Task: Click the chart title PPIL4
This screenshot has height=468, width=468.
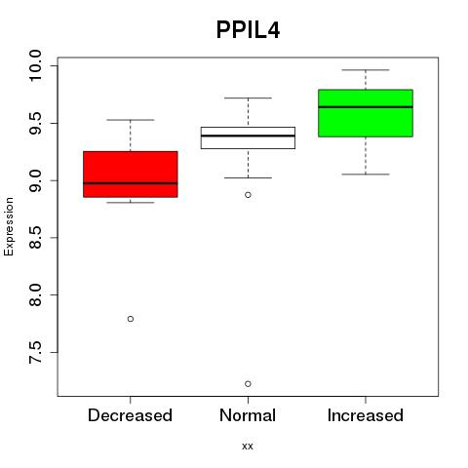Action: click(x=248, y=30)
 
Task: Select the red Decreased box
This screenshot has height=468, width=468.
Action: click(x=131, y=175)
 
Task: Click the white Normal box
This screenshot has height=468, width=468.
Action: click(x=248, y=137)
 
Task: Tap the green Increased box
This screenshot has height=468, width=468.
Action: click(x=366, y=113)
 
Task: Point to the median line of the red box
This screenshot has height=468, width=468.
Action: click(x=131, y=183)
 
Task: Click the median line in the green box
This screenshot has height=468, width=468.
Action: click(x=366, y=106)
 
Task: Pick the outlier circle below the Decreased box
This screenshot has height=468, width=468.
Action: click(x=131, y=319)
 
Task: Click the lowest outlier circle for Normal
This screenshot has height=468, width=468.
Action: click(x=248, y=384)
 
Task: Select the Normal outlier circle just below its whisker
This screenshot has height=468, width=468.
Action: click(x=248, y=195)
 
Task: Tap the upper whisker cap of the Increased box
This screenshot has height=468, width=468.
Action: click(x=366, y=70)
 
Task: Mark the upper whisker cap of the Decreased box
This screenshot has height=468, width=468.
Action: click(x=131, y=120)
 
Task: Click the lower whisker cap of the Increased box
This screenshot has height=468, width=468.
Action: click(x=366, y=175)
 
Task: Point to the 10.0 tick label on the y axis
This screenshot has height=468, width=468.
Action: click(x=35, y=66)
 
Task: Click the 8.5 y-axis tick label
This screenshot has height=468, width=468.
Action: click(x=35, y=238)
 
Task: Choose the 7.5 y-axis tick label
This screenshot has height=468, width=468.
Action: click(x=35, y=352)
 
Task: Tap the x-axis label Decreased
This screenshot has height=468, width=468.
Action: click(x=130, y=415)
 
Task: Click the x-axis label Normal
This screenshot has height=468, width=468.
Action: click(x=248, y=415)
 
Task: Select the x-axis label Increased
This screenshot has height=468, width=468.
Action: click(x=366, y=415)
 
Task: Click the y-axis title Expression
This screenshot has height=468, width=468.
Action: click(x=9, y=226)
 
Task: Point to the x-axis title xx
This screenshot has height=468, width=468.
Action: click(x=248, y=447)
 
